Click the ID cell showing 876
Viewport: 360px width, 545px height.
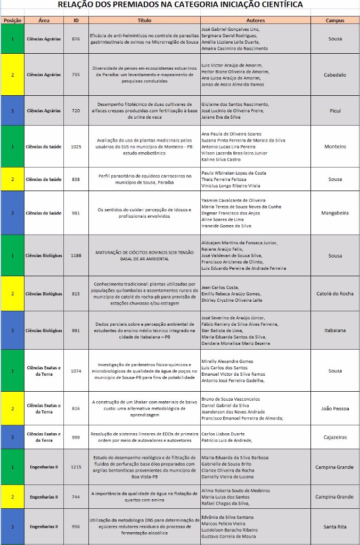pyautogui.click(x=76, y=39)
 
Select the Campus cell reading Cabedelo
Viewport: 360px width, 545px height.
pyautogui.click(x=335, y=75)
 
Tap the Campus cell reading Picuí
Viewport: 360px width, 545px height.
pyautogui.click(x=335, y=111)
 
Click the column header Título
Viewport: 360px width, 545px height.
pyautogui.click(x=144, y=20)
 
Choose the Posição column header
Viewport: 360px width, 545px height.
pyautogui.click(x=12, y=20)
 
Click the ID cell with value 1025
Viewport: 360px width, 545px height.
pyautogui.click(x=76, y=146)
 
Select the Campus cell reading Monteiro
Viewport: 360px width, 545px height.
pyautogui.click(x=335, y=146)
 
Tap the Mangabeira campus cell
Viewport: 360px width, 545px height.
pyautogui.click(x=335, y=213)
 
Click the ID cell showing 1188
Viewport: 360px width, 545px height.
pyautogui.click(x=76, y=255)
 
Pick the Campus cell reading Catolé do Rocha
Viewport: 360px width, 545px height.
pyautogui.click(x=335, y=294)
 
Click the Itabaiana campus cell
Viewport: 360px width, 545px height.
pyautogui.click(x=335, y=331)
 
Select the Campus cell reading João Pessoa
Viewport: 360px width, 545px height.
pyautogui.click(x=335, y=409)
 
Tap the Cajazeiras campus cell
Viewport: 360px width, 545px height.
pyautogui.click(x=335, y=437)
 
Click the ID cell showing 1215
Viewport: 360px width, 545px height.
pyautogui.click(x=76, y=467)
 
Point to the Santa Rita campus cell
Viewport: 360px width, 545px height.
pyautogui.click(x=335, y=526)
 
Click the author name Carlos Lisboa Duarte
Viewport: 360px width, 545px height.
pyautogui.click(x=223, y=434)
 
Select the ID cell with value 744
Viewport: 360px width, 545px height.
pyautogui.click(x=76, y=497)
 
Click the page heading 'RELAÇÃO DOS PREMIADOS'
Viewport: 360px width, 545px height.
pyautogui.click(x=180, y=5)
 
